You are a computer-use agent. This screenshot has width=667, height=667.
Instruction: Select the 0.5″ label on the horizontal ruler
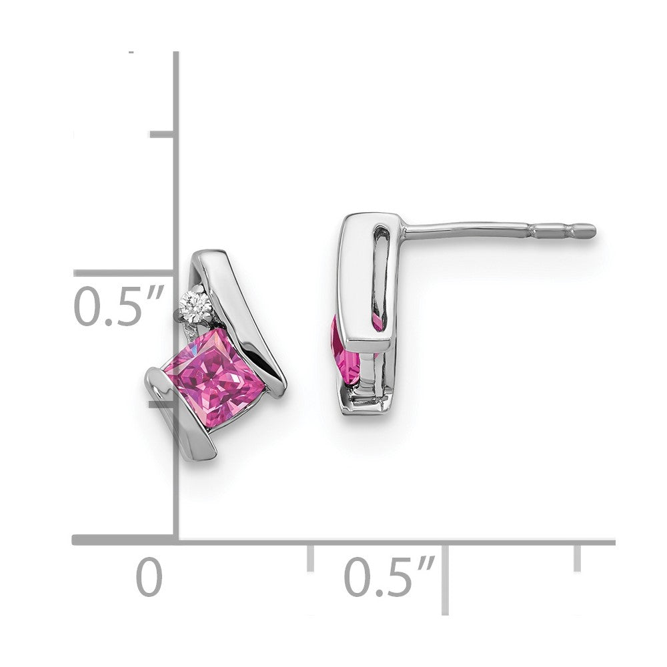tap(390, 577)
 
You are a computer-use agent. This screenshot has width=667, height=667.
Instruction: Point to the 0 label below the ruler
tap(149, 578)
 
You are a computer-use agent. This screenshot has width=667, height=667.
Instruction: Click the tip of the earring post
tap(591, 231)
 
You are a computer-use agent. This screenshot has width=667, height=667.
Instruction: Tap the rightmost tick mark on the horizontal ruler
tap(577, 558)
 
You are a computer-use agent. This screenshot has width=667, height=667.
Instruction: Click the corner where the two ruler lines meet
tap(176, 540)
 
